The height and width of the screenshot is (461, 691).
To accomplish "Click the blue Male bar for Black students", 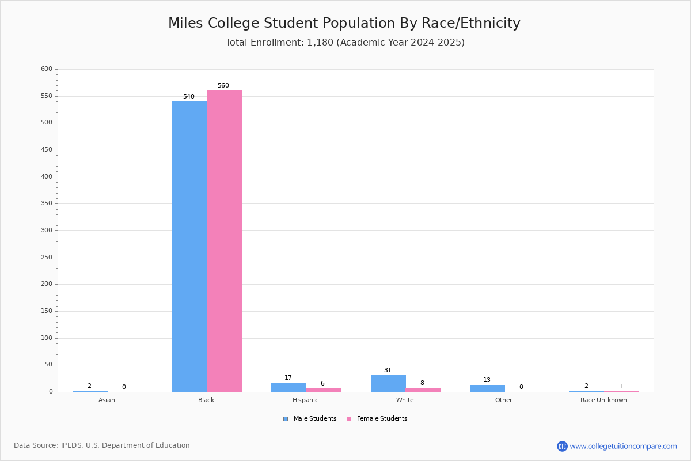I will tap(189, 247).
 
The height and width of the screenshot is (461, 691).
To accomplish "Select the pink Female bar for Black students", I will tap(224, 241).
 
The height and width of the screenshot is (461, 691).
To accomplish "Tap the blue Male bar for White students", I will tap(388, 383).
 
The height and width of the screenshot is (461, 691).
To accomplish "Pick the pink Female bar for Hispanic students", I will tap(323, 390).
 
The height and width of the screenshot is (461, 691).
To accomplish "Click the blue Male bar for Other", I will tap(487, 388).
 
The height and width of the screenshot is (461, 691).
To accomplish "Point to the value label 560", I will tap(223, 86).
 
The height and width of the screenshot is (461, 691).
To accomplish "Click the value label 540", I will tap(188, 97).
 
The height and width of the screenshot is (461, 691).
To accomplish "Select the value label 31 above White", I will tap(388, 371).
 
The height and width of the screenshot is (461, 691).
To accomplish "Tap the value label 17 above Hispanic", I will tap(288, 378).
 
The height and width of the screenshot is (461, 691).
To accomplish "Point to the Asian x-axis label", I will tap(107, 400).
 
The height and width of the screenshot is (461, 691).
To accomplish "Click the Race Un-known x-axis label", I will tap(603, 400).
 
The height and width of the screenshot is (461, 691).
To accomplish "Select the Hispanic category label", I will tap(305, 400).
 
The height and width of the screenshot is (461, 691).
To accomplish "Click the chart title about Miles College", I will tap(344, 23).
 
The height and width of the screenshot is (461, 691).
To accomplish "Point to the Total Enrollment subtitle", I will tap(345, 43).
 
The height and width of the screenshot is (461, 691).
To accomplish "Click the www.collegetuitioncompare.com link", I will tap(623, 446).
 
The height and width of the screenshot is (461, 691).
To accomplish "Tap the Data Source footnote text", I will tap(102, 445).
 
